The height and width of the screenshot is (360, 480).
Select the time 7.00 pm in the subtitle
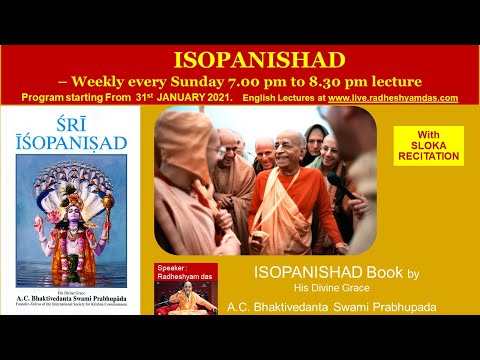click(291, 79)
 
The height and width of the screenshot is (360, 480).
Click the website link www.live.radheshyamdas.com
click(393, 98)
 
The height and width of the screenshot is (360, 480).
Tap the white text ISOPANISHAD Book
click(316, 273)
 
